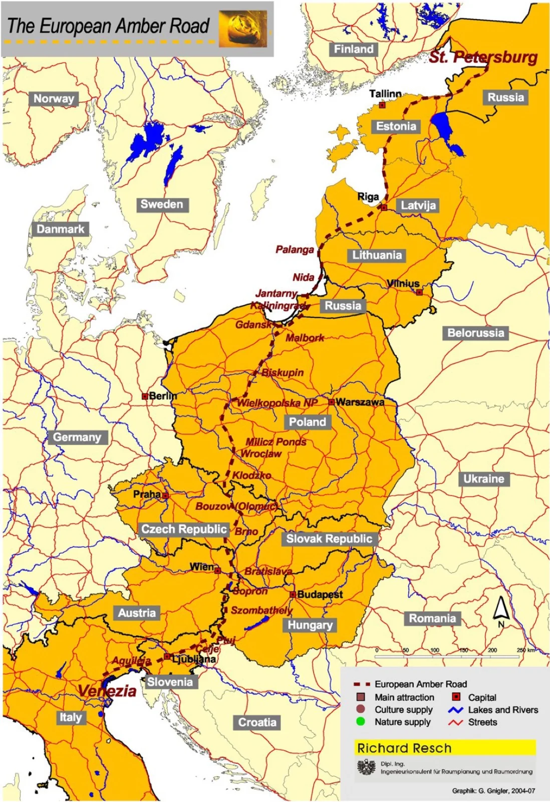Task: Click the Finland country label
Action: tap(354, 49)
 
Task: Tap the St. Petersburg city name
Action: tap(483, 57)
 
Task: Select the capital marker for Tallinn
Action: tap(382, 105)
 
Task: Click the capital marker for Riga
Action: tap(384, 207)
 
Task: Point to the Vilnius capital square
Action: tap(419, 292)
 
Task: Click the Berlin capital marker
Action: tap(145, 396)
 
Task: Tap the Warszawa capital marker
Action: tap(331, 402)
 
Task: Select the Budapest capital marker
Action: tap(293, 594)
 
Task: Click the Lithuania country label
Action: tap(377, 255)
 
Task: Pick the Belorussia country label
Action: tap(475, 333)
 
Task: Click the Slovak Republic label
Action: tap(329, 539)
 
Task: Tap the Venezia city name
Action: tap(107, 691)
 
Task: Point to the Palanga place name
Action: tap(295, 250)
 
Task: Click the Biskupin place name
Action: tap(283, 372)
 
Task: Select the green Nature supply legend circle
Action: tap(360, 722)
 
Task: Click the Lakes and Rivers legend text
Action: tap(503, 710)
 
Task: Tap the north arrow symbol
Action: tap(500, 611)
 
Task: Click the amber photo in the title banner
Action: tap(243, 29)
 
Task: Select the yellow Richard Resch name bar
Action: tap(445, 748)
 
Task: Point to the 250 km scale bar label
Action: tap(525, 650)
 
